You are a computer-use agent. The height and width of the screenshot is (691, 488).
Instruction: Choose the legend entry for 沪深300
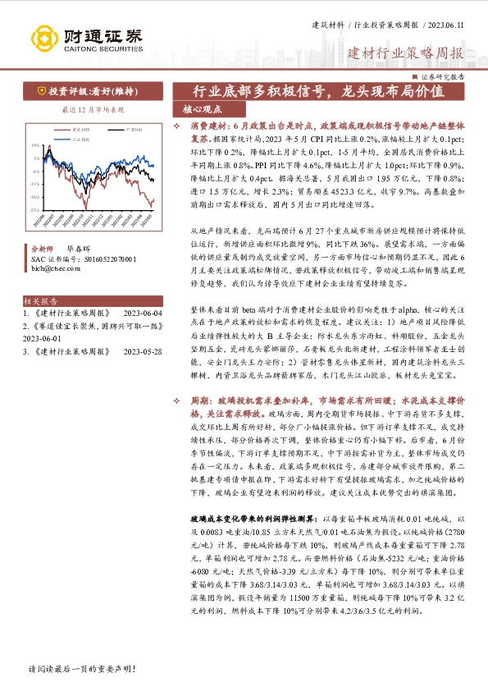point(134,129)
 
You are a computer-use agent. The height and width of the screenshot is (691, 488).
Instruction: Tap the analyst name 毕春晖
point(80,246)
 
